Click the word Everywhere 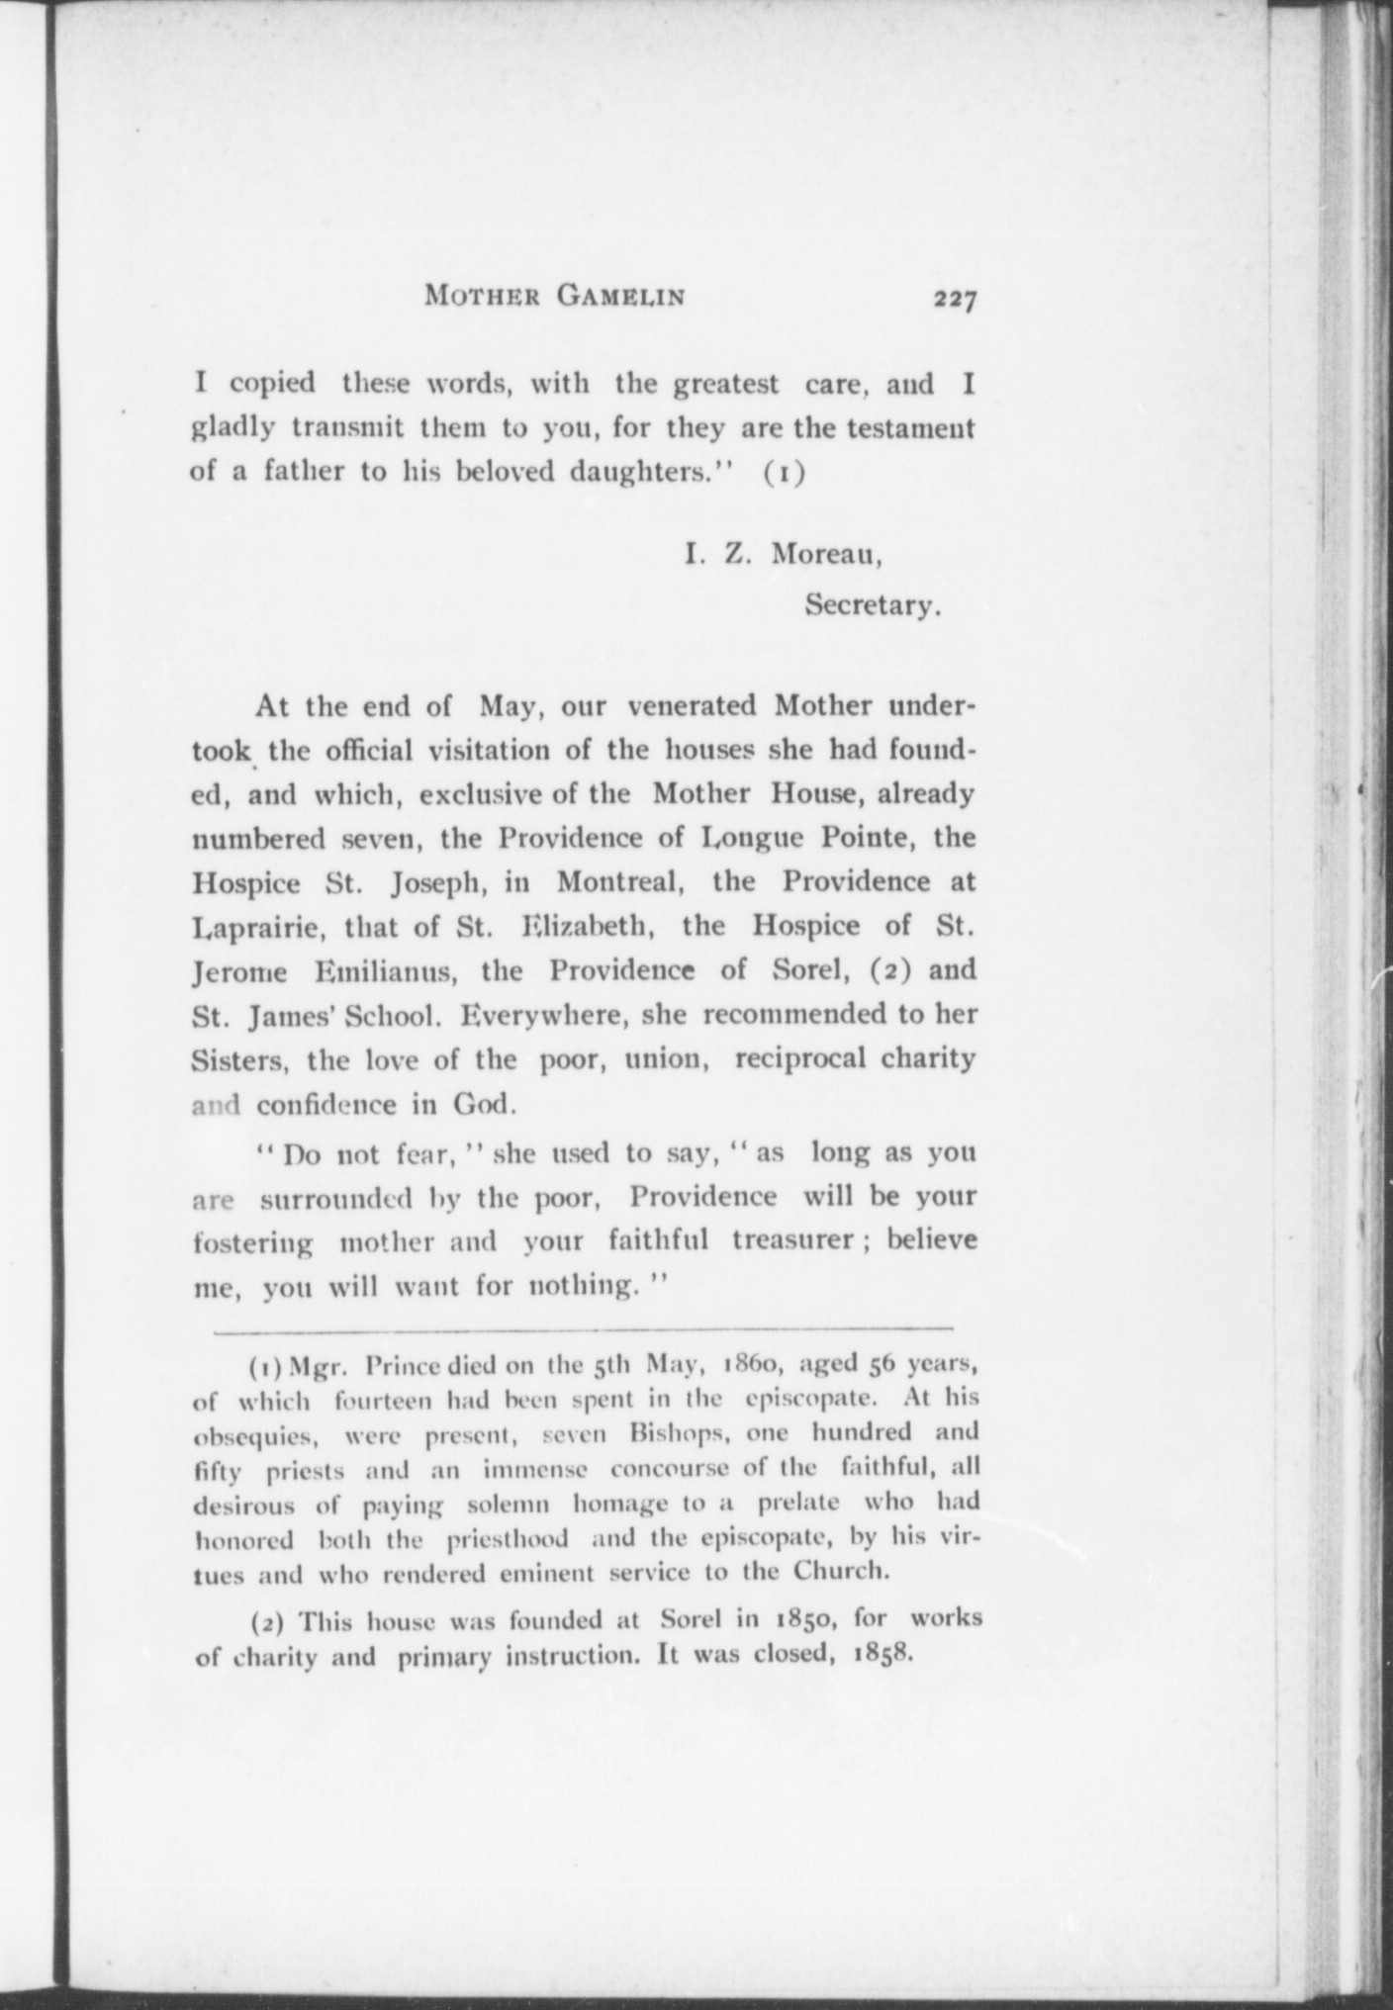550,1014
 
